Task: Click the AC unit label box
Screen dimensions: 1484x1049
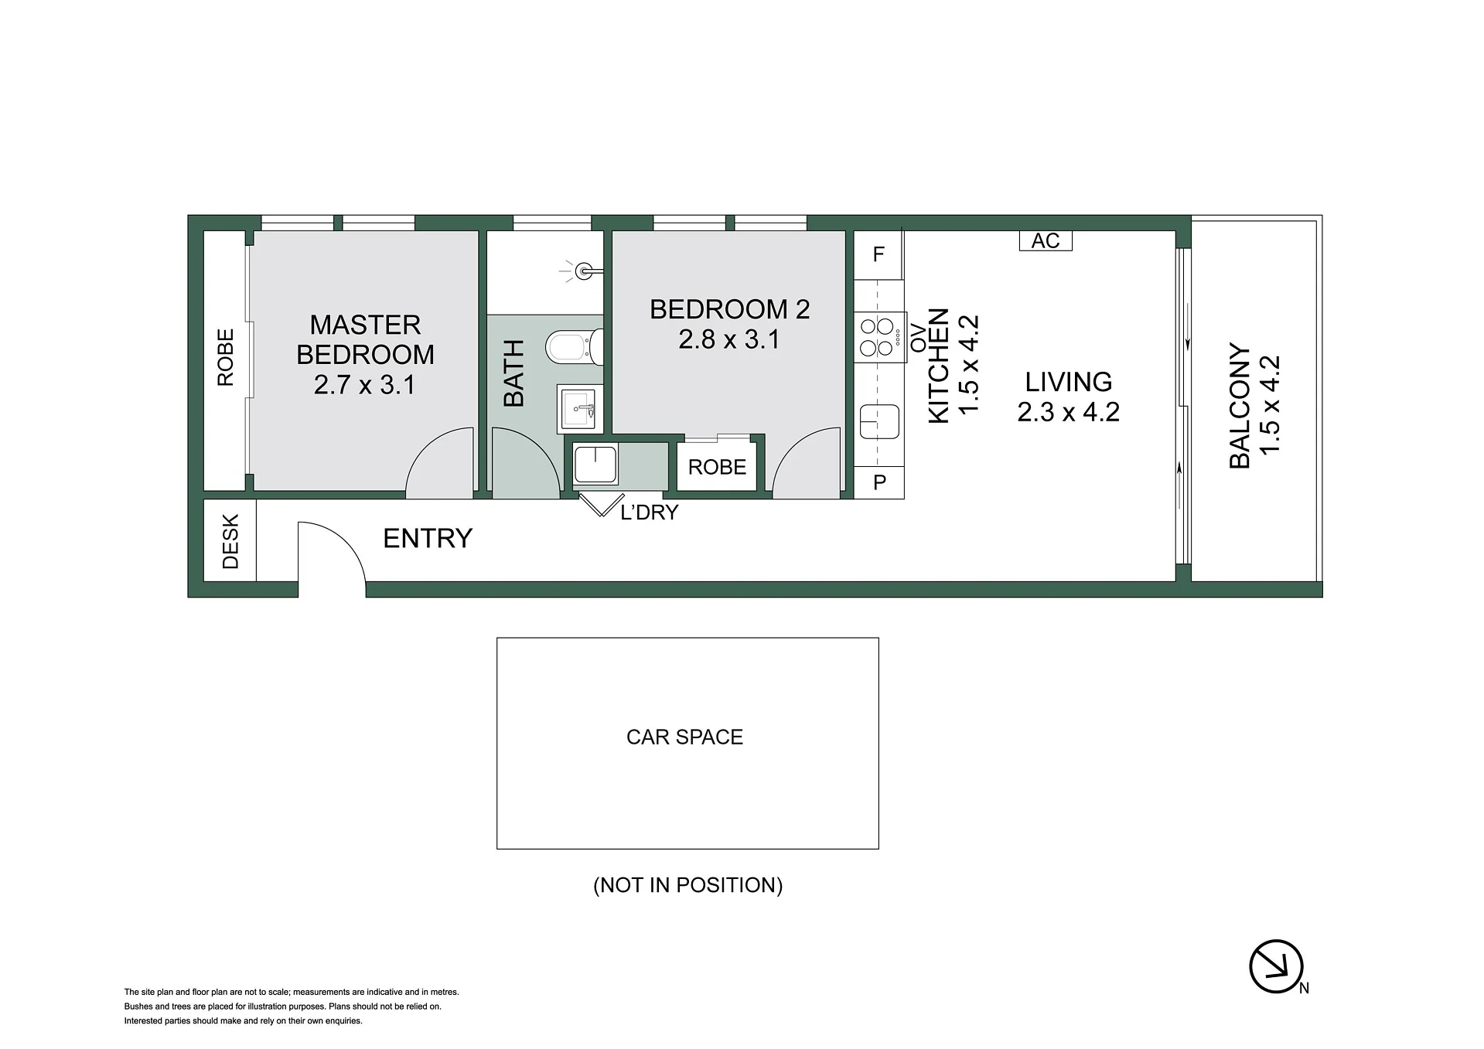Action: click(x=1046, y=240)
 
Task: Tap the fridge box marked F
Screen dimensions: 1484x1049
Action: click(x=878, y=255)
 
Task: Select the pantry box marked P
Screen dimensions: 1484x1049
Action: click(x=879, y=482)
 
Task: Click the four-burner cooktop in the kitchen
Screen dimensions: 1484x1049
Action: click(x=880, y=337)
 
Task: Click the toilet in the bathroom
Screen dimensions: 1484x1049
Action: click(x=574, y=347)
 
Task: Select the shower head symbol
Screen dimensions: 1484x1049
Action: click(x=583, y=271)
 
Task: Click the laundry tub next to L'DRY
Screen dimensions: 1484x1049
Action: click(x=595, y=465)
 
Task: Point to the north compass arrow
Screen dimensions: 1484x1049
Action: click(x=1276, y=966)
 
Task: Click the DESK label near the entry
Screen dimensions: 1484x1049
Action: click(x=230, y=542)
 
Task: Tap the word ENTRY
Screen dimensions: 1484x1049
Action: click(x=428, y=538)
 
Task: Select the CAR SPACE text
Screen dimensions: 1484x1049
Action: click(x=684, y=737)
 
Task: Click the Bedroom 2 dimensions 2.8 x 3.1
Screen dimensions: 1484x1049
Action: click(x=729, y=339)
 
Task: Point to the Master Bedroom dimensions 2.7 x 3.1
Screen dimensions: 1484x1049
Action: click(x=365, y=384)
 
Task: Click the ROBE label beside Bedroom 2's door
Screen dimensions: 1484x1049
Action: click(x=717, y=467)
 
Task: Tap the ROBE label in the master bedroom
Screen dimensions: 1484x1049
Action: click(x=225, y=357)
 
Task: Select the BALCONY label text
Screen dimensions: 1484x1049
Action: click(x=1240, y=405)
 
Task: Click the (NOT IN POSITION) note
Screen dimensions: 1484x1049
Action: click(x=687, y=885)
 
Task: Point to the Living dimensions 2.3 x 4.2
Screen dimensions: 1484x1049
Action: click(x=1068, y=412)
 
